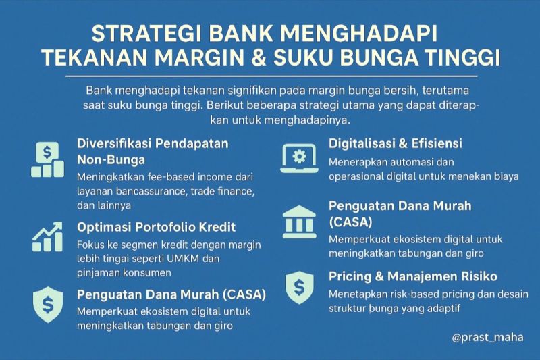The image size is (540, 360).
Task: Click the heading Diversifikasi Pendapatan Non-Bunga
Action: pyautogui.click(x=153, y=151)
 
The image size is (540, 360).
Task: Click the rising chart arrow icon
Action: pyautogui.click(x=47, y=237)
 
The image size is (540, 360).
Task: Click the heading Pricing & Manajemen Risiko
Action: pyautogui.click(x=413, y=276)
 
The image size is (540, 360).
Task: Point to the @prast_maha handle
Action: pyautogui.click(x=487, y=337)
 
